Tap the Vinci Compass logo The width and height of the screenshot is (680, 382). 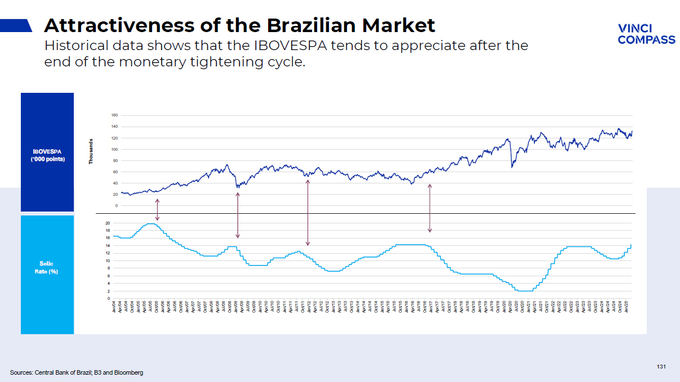click(646, 34)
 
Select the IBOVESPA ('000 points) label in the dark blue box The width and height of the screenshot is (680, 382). click(47, 155)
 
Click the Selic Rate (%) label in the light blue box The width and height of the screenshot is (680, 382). click(47, 267)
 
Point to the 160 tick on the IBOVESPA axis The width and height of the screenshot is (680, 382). click(114, 115)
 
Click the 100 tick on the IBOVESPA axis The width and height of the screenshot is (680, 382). click(114, 149)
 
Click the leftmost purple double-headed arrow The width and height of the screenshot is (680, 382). click(157, 209)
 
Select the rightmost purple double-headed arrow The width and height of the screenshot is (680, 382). click(430, 208)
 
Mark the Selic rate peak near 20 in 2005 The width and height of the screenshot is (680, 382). click(150, 224)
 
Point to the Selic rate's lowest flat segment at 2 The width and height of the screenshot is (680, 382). click(525, 291)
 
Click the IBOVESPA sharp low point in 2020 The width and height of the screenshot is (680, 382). click(512, 167)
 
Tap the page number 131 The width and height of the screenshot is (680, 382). click(661, 367)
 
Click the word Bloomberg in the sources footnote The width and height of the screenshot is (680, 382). click(130, 372)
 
